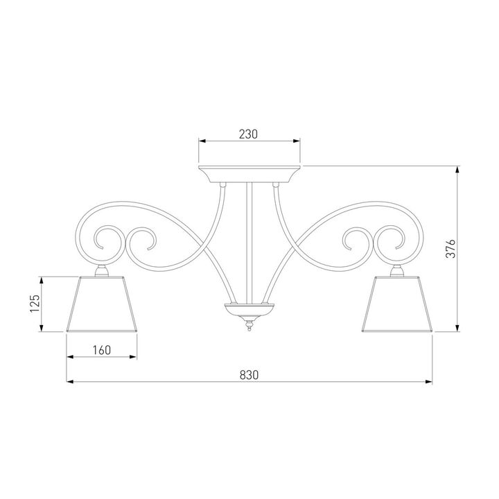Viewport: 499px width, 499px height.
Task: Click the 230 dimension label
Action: click(x=249, y=134)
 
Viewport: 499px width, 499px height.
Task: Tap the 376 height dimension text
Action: click(x=448, y=247)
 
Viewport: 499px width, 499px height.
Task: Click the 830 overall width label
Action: click(x=249, y=374)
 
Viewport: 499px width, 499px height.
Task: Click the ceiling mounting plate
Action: click(x=249, y=172)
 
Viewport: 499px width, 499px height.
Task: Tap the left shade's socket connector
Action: click(x=101, y=271)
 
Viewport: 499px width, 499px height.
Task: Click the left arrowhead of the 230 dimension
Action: click(x=202, y=142)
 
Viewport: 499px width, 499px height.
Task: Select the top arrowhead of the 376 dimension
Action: click(x=457, y=168)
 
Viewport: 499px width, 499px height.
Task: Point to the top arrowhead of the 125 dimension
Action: click(x=43, y=279)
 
